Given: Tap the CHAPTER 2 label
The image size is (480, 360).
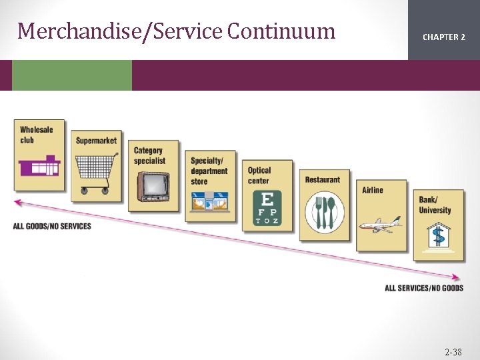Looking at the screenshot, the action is tap(443, 37).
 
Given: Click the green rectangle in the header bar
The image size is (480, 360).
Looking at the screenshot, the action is tap(72, 75).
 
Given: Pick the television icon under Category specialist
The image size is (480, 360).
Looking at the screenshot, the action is tap(153, 185).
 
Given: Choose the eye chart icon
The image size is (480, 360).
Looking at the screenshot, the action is tap(267, 207).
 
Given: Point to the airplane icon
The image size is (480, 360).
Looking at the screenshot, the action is tap(381, 224).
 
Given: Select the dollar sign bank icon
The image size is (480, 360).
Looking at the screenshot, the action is tap(438, 235).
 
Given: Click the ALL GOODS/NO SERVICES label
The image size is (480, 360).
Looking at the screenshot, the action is tap(52, 226).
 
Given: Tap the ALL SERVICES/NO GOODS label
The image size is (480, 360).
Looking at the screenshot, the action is tap(424, 288).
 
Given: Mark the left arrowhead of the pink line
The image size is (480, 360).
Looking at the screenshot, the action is tap(17, 202).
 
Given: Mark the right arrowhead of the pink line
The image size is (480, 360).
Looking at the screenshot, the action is tap(457, 277).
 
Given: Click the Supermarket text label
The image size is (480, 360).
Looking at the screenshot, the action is tap(96, 141).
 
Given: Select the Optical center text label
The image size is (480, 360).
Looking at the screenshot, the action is tap(259, 176).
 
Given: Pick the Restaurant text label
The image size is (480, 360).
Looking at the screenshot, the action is tap(323, 180).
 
